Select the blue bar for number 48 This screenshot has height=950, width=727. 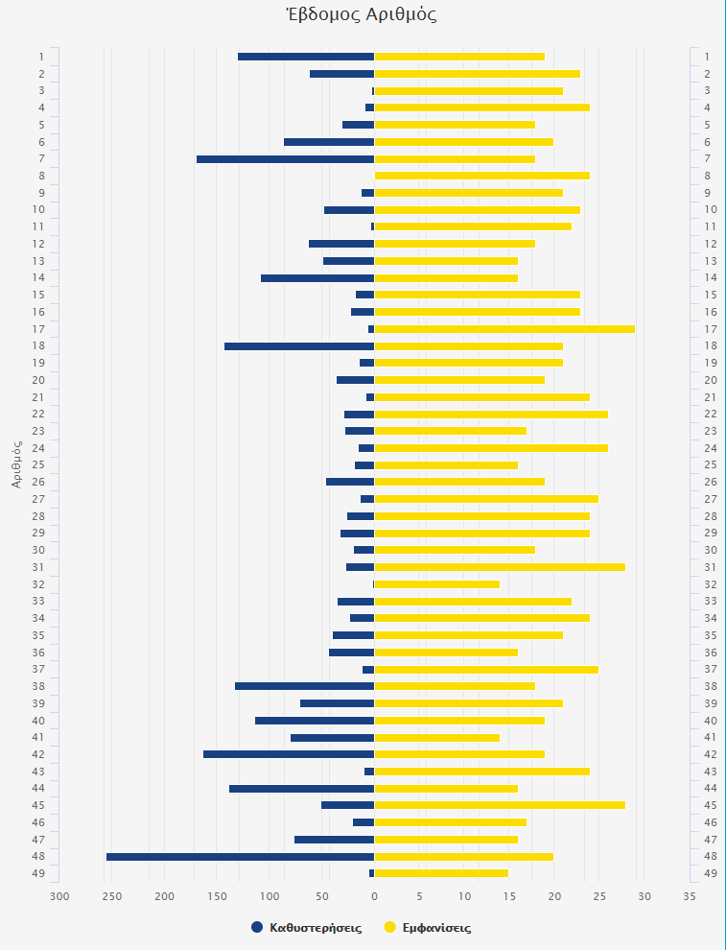240,857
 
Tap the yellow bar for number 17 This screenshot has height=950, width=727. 504,329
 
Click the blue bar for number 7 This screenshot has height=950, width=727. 285,158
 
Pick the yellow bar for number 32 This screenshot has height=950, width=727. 436,584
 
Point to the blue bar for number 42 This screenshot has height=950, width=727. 289,754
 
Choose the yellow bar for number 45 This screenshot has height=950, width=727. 499,805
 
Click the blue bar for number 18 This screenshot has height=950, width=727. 299,345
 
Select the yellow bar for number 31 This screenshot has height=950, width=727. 499,567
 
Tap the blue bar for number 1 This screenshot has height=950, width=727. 306,57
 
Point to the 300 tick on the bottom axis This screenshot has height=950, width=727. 59,896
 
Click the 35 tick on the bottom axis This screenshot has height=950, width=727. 690,896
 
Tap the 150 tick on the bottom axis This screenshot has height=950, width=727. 217,896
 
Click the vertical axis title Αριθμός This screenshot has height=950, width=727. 17,464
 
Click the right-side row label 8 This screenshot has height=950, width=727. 707,176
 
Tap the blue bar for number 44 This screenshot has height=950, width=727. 301,789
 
